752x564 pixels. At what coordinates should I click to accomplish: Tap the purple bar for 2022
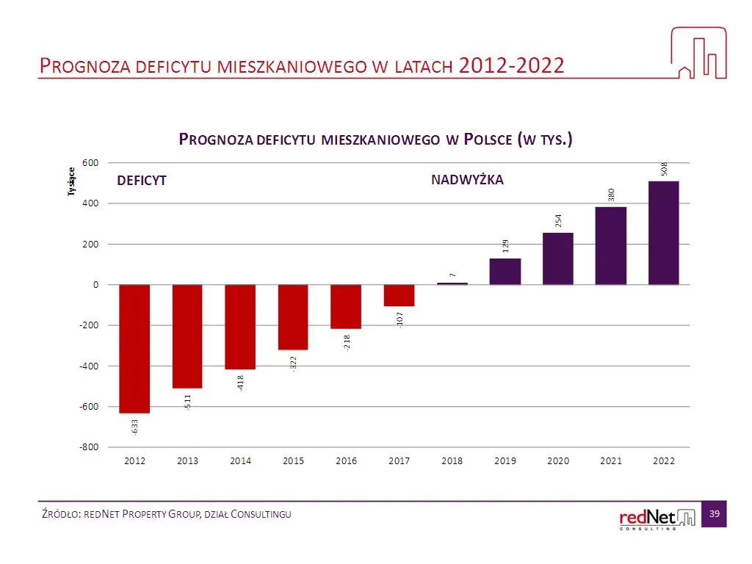(x=663, y=233)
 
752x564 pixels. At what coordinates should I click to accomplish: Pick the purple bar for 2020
(x=557, y=258)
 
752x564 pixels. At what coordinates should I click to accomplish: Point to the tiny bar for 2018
(x=452, y=283)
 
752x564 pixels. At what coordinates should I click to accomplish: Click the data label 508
(x=664, y=168)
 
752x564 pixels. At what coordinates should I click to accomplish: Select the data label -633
(x=135, y=426)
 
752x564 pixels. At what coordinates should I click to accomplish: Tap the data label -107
(x=399, y=319)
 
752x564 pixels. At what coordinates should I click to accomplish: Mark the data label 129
(x=505, y=246)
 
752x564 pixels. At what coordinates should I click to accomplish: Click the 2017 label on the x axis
(x=399, y=460)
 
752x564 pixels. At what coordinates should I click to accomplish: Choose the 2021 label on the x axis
(x=610, y=460)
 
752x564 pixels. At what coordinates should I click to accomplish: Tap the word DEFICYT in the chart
(x=142, y=181)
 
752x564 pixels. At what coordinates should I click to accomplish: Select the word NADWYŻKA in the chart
(x=467, y=179)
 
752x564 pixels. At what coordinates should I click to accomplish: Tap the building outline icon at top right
(x=698, y=53)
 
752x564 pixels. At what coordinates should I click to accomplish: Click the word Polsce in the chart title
(x=488, y=140)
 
